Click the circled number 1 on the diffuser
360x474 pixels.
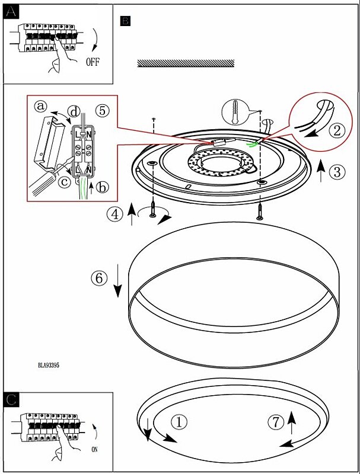coord(179,422)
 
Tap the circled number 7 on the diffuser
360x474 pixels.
coord(275,422)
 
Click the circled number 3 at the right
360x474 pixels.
coord(336,172)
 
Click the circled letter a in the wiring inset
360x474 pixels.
coord(40,107)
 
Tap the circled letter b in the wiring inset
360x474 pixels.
coord(103,188)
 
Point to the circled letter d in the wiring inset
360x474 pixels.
coord(74,111)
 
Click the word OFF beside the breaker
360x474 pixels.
coord(93,62)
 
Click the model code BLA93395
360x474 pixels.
coord(47,366)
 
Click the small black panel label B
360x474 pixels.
coord(125,21)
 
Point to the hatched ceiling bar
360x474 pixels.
coord(186,63)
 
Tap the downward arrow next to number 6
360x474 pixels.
coord(117,284)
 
